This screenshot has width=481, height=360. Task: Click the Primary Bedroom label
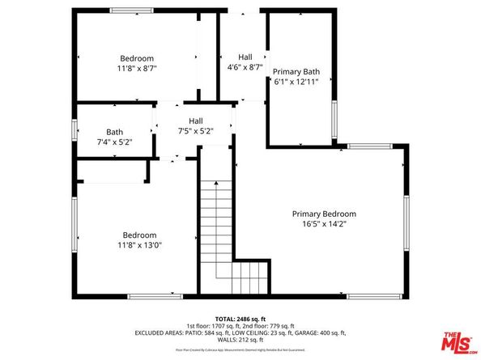pyautogui.click(x=324, y=214)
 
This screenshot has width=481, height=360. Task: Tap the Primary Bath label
pyautogui.click(x=296, y=71)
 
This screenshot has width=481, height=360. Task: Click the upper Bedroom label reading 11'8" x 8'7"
pyautogui.click(x=137, y=58)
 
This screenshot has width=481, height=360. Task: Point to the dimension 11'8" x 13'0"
pyautogui.click(x=137, y=245)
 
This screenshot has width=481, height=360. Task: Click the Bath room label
pyautogui.click(x=114, y=132)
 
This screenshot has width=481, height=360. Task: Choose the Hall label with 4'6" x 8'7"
pyautogui.click(x=245, y=57)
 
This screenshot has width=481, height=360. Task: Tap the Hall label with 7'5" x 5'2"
pyautogui.click(x=195, y=121)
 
